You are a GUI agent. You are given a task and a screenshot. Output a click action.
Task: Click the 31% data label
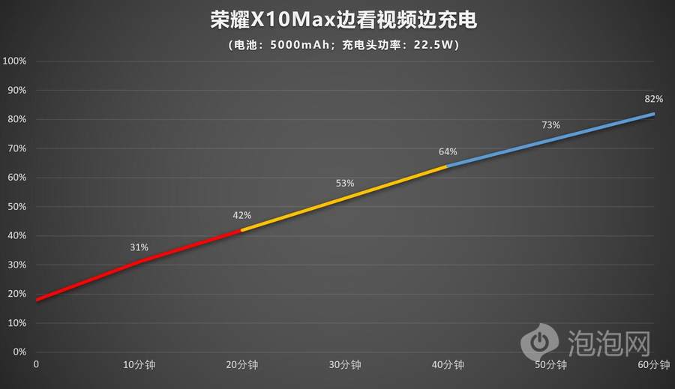(x=139, y=247)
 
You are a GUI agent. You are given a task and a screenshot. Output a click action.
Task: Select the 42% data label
(x=241, y=215)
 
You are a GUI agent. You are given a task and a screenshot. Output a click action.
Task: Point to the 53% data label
(x=345, y=183)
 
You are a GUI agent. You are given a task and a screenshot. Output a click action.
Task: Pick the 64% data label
(x=448, y=152)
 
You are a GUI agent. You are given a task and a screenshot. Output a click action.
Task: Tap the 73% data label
(x=551, y=125)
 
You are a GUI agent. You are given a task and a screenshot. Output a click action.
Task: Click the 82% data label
(x=653, y=99)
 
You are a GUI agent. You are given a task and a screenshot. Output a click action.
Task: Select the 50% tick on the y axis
(x=17, y=206)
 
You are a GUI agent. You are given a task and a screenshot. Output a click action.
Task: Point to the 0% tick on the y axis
(x=19, y=352)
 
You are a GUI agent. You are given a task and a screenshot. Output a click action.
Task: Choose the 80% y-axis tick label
(x=17, y=119)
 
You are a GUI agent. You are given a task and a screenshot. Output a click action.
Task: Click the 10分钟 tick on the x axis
(x=139, y=365)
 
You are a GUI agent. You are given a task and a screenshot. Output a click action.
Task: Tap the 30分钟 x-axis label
(x=345, y=365)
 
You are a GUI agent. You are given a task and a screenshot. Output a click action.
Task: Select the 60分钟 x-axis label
(x=654, y=365)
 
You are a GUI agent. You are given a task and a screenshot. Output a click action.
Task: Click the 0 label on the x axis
(x=36, y=365)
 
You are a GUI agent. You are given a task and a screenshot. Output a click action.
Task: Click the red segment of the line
(x=139, y=262)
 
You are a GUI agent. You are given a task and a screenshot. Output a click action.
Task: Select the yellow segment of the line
(x=345, y=198)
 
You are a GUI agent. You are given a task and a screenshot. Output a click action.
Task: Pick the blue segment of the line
(x=551, y=139)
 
